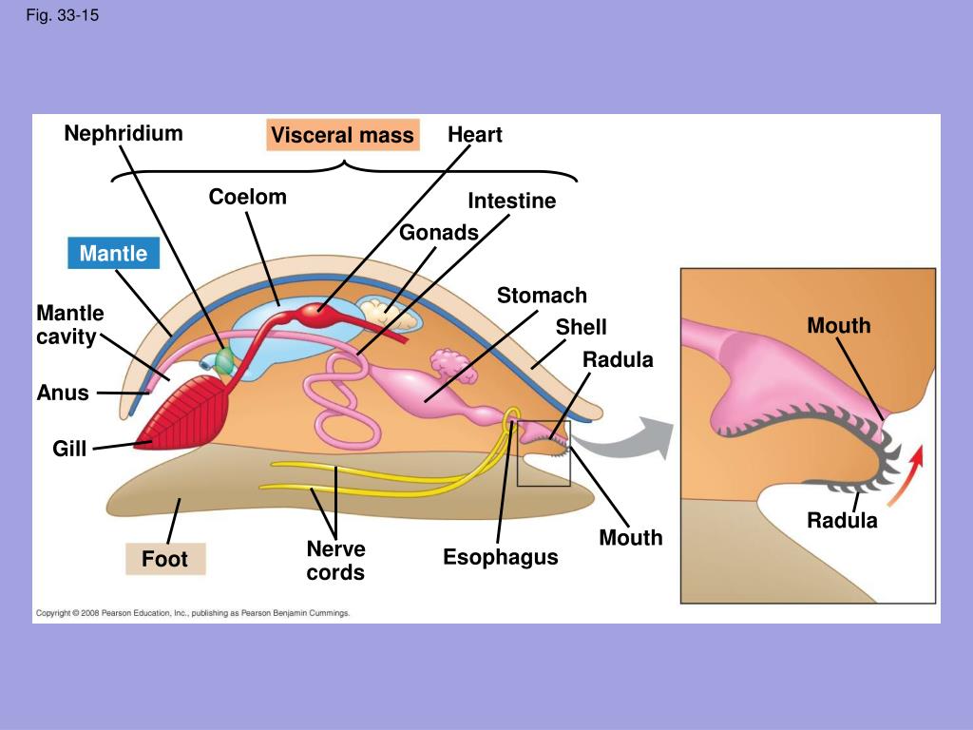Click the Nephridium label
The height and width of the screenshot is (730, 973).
(124, 133)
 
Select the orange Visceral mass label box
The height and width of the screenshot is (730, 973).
(342, 136)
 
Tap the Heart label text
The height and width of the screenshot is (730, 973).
(475, 135)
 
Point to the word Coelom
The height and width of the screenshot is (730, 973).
(248, 197)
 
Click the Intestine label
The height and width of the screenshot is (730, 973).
(512, 202)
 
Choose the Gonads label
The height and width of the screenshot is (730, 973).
(439, 233)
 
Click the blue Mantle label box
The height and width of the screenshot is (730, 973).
(114, 254)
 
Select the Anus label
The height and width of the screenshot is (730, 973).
(63, 393)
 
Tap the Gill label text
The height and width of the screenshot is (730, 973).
(69, 448)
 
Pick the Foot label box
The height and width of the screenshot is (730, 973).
(165, 559)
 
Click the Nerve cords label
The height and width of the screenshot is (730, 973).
(335, 561)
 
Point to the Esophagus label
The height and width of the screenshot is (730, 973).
(501, 557)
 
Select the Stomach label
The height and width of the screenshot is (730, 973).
(543, 296)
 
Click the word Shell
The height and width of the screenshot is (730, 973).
(582, 327)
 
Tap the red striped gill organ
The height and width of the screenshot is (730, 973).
(190, 409)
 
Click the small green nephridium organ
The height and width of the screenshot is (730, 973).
(225, 359)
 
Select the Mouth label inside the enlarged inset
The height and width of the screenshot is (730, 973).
(839, 326)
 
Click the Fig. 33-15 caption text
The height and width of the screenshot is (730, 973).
(62, 15)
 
